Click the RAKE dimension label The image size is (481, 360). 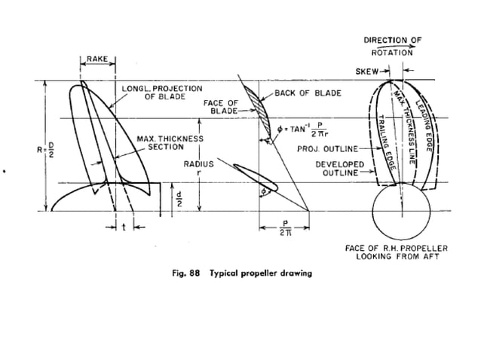pyautogui.click(x=97, y=59)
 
